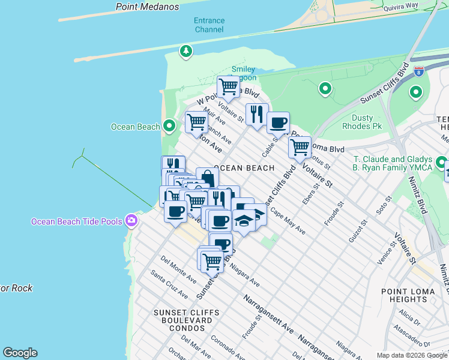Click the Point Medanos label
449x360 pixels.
point(148,7)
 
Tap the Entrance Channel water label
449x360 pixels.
point(209,25)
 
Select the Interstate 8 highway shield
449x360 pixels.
point(419,70)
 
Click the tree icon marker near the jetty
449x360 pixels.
point(187,52)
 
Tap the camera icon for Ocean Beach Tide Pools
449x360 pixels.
point(131,221)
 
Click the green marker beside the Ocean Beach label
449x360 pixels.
point(169,126)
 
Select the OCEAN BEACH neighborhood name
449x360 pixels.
point(244,168)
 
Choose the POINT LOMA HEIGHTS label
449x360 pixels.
point(404,295)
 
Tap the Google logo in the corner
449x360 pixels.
point(20,353)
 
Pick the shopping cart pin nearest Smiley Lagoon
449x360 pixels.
point(228,86)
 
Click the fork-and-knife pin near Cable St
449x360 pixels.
point(257,113)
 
